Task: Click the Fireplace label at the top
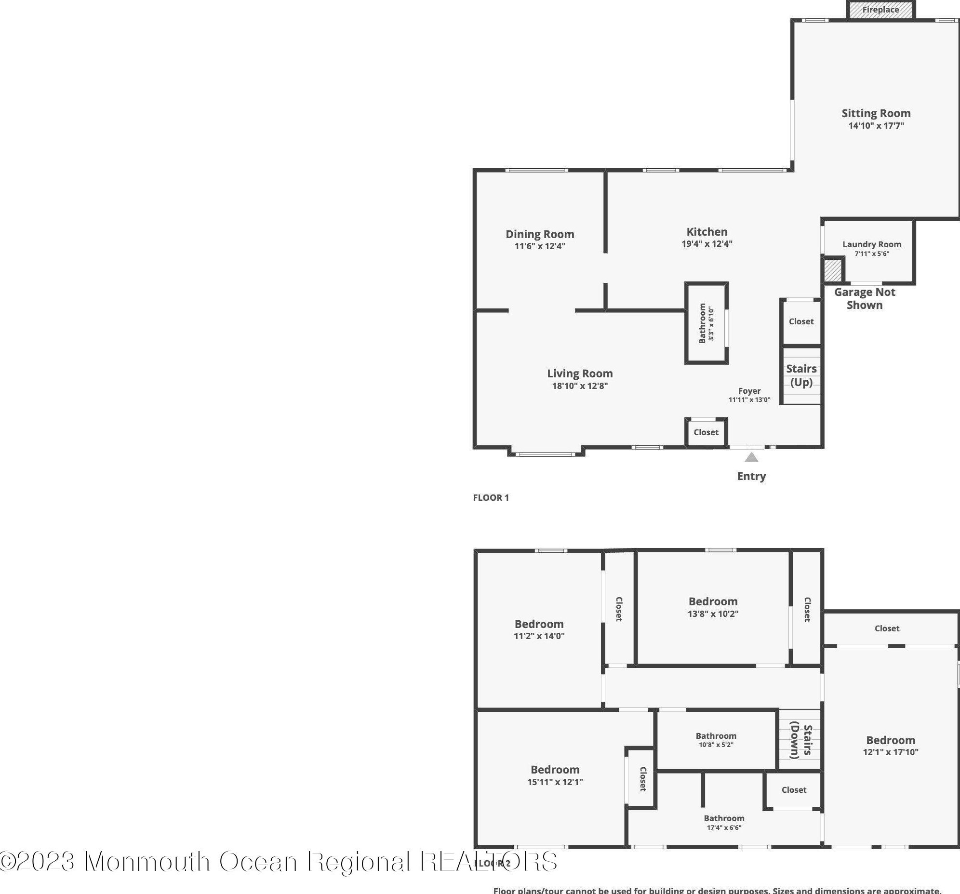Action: (x=880, y=10)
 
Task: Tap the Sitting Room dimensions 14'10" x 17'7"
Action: (x=876, y=126)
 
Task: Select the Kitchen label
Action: (x=707, y=232)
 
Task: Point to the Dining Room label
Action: (x=539, y=234)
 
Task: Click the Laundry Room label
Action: (x=872, y=244)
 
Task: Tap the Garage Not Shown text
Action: (x=865, y=298)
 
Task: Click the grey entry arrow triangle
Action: (x=751, y=457)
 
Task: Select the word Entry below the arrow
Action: (x=751, y=476)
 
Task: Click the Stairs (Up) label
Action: (x=801, y=375)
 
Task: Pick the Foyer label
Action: (x=749, y=391)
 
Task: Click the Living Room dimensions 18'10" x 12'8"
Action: (x=579, y=386)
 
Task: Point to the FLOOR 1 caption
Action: (x=491, y=497)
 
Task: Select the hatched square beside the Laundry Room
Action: (x=832, y=270)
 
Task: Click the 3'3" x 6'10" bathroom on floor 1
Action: (x=706, y=323)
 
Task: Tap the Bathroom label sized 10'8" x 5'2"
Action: (x=716, y=736)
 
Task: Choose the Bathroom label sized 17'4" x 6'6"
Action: (x=724, y=818)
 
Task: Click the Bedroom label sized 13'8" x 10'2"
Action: (x=713, y=601)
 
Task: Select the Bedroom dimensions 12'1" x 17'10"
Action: (x=891, y=752)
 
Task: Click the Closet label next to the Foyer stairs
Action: (x=801, y=321)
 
